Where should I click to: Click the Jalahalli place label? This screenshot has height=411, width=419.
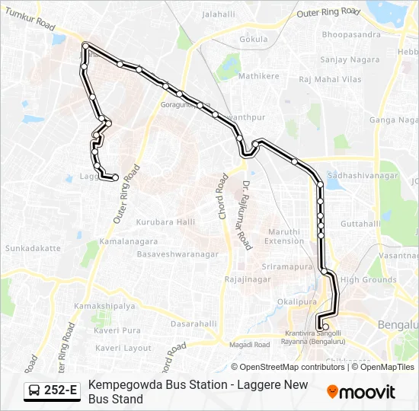[219, 14]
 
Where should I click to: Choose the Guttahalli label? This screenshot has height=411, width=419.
[360, 224]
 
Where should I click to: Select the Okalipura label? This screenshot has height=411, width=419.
[296, 301]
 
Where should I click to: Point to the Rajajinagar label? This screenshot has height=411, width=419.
[248, 280]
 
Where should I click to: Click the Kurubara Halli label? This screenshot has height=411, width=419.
[165, 221]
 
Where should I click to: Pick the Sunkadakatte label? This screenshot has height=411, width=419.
[33, 248]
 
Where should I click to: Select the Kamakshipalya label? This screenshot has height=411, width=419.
[104, 306]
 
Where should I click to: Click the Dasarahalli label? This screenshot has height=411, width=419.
[194, 323]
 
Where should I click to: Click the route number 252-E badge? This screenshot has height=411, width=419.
[52, 391]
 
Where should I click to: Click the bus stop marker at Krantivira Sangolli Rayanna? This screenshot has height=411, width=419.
[326, 327]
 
